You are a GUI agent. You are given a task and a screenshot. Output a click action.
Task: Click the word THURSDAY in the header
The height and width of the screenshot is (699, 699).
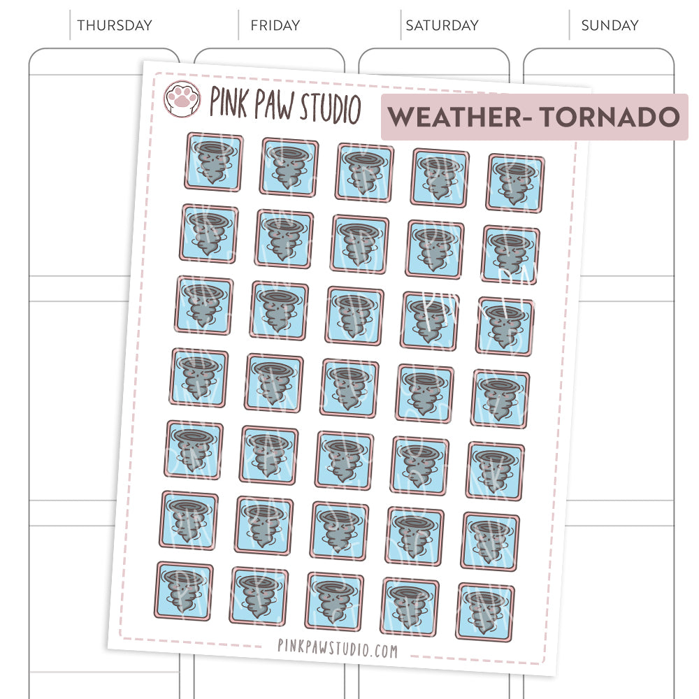tap(114, 26)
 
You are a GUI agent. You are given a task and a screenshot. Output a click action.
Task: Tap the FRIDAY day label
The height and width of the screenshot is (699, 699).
tap(275, 26)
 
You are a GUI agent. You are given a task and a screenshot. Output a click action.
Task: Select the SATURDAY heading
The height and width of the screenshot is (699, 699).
tap(442, 26)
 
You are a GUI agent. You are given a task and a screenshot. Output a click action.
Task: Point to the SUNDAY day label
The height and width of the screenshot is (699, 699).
tap(610, 26)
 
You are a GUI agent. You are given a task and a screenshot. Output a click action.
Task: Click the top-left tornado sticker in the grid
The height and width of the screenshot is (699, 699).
tap(214, 161)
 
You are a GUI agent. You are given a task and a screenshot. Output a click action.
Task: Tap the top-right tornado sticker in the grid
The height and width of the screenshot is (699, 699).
tap(515, 183)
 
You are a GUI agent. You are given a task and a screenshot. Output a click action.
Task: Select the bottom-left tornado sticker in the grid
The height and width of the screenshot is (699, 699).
tap(183, 591)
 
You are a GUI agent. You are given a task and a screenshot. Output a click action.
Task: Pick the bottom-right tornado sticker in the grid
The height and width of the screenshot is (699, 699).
tap(484, 612)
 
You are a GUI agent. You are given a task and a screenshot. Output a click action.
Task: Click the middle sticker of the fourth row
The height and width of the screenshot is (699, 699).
tap(349, 389)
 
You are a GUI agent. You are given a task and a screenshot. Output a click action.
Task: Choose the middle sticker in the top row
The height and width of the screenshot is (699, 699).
tap(364, 172)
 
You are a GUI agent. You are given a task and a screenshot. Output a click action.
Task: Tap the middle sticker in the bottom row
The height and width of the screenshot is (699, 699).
tap(333, 602)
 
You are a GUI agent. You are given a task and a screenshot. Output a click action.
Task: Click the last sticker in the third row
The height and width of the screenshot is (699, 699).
tap(505, 326)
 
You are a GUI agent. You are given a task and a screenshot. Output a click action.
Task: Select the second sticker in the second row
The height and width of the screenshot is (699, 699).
tap(284, 239)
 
